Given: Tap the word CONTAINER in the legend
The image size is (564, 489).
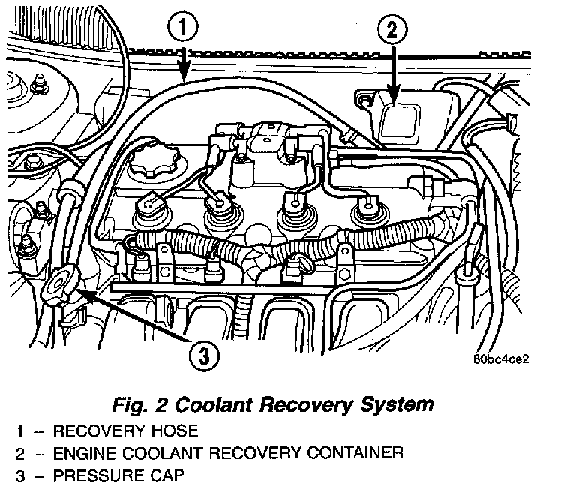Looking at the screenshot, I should tap(347, 453).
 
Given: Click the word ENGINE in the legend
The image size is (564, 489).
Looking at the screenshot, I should tap(73, 453).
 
